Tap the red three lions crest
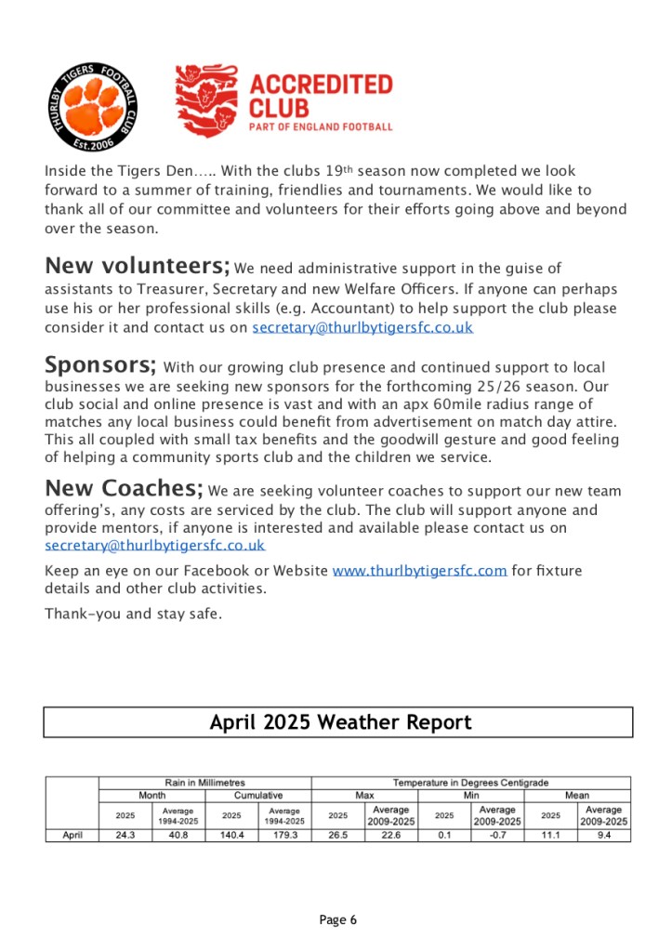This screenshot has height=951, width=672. click(206, 101)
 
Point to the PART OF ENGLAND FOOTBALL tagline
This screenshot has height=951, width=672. click(322, 126)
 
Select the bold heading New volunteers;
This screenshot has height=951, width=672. click(137, 266)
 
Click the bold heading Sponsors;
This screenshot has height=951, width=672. click(100, 363)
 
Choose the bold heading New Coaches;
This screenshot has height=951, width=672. click(124, 488)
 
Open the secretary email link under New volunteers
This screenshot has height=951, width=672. click(362, 327)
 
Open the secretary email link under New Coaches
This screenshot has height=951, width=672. click(154, 546)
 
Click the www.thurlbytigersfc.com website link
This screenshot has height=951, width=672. click(419, 570)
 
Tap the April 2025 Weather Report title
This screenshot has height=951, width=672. click(339, 722)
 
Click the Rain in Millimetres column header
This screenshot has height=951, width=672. click(204, 783)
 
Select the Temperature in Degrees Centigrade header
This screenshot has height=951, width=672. click(471, 783)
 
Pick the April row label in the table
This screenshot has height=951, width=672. click(72, 835)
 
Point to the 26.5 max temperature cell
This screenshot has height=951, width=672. click(337, 835)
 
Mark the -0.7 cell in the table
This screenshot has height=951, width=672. click(497, 835)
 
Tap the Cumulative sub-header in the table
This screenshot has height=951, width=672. click(257, 796)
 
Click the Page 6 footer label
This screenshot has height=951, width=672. click(337, 920)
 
